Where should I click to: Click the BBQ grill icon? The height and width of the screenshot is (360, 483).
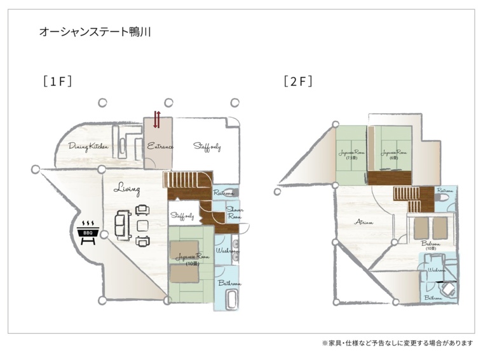(x=87, y=232)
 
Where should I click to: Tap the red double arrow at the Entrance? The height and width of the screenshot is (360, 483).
(x=156, y=119)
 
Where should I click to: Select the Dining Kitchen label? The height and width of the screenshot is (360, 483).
(x=88, y=147)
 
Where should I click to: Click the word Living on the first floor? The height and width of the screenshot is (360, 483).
(x=127, y=189)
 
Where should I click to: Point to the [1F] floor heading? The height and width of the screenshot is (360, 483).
(x=55, y=81)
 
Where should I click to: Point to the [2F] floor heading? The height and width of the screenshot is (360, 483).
(x=298, y=81)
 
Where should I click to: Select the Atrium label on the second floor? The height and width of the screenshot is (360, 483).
(x=364, y=222)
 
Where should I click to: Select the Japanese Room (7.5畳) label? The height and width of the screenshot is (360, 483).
(x=351, y=155)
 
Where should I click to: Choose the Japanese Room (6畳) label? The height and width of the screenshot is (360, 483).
(x=393, y=155)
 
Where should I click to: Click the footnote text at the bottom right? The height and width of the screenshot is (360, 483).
(x=397, y=343)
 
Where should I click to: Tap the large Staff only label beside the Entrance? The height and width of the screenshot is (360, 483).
(x=207, y=147)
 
